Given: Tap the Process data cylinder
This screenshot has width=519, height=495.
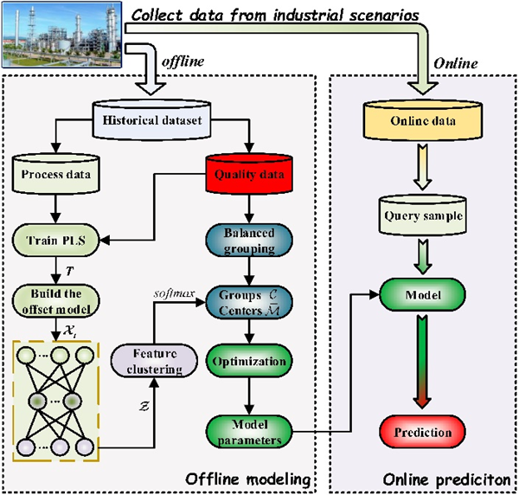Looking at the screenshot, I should point(56,175).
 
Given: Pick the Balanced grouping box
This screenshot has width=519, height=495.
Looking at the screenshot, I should point(249,237).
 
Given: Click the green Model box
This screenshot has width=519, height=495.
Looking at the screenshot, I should point(421,297).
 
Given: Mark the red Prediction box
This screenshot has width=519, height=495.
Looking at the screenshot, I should point(421,430).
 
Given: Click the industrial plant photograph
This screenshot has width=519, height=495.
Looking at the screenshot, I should point(62,35).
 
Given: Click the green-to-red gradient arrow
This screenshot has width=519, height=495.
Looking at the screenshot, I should point(421,363).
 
